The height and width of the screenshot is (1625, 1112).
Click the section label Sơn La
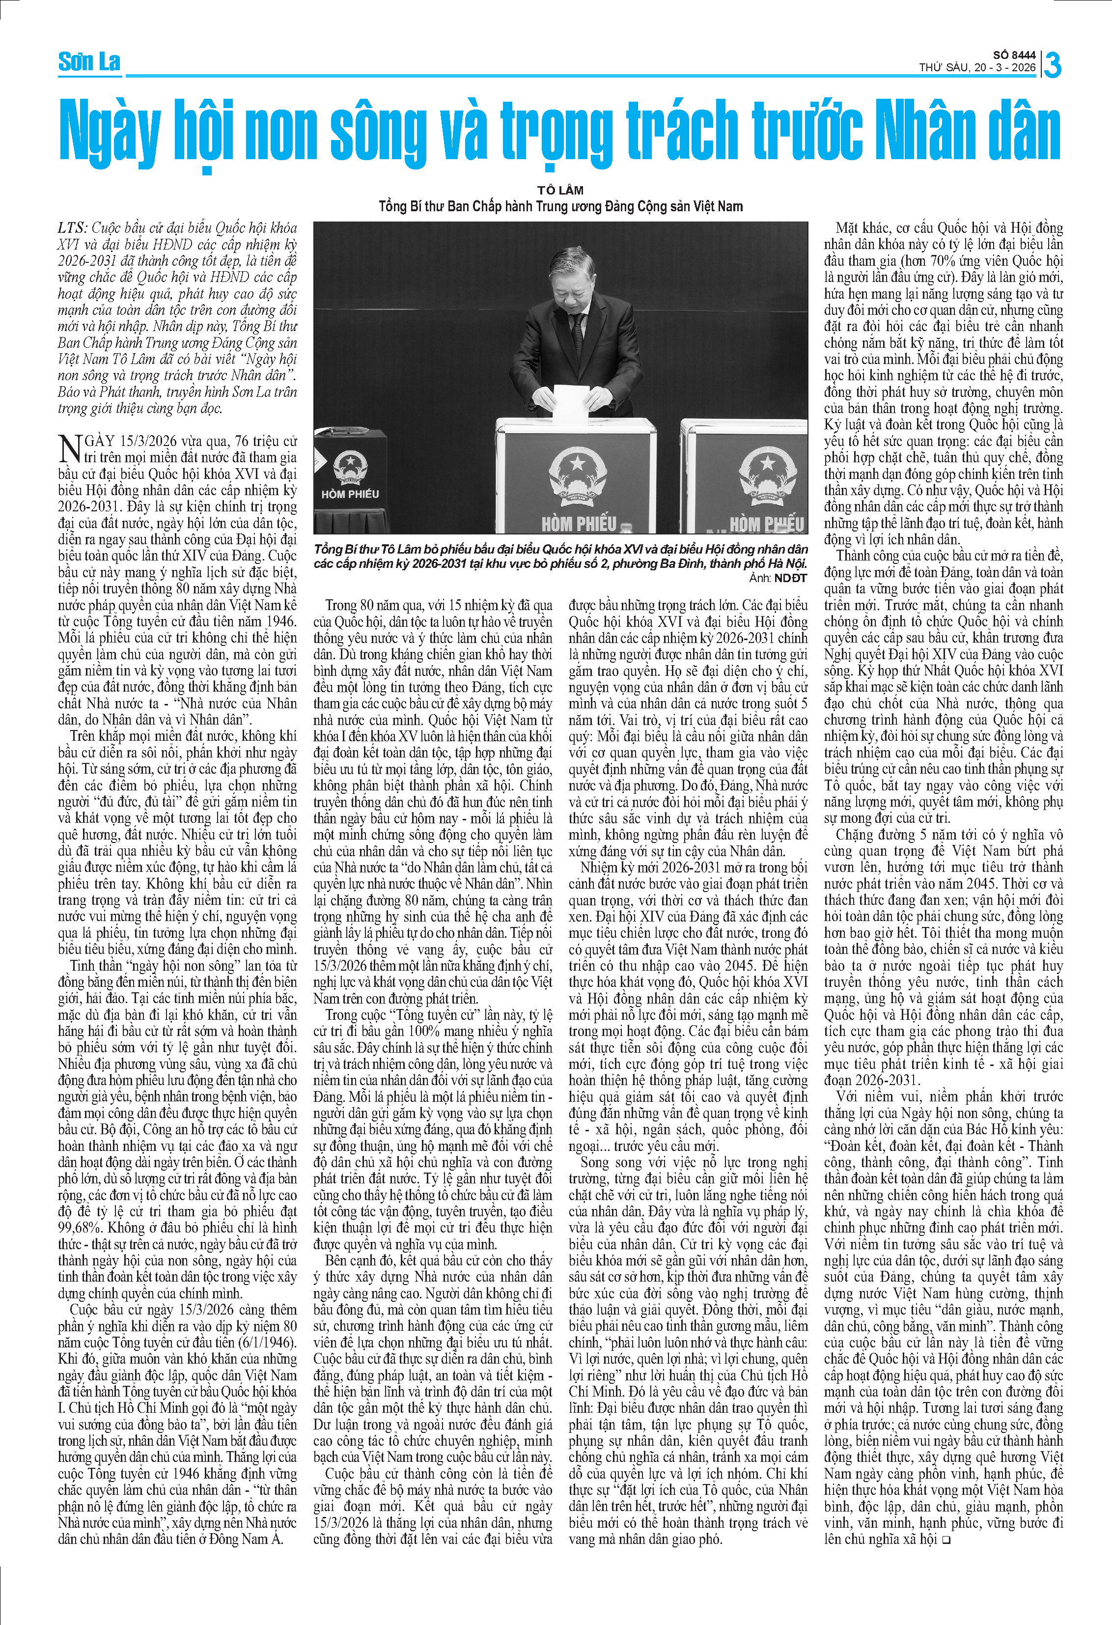pyautogui.click(x=89, y=62)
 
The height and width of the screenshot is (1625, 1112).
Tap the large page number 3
pyautogui.click(x=1052, y=65)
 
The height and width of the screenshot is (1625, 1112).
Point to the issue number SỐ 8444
pyautogui.click(x=1014, y=55)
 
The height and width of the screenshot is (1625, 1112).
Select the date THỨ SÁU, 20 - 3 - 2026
pyautogui.click(x=977, y=68)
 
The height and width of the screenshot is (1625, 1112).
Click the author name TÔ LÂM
pyautogui.click(x=560, y=190)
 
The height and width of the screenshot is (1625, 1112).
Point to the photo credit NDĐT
pyautogui.click(x=790, y=578)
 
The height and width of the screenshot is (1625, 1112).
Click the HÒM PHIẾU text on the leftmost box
pyautogui.click(x=350, y=494)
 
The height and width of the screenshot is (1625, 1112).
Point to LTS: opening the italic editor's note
pyautogui.click(x=73, y=228)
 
